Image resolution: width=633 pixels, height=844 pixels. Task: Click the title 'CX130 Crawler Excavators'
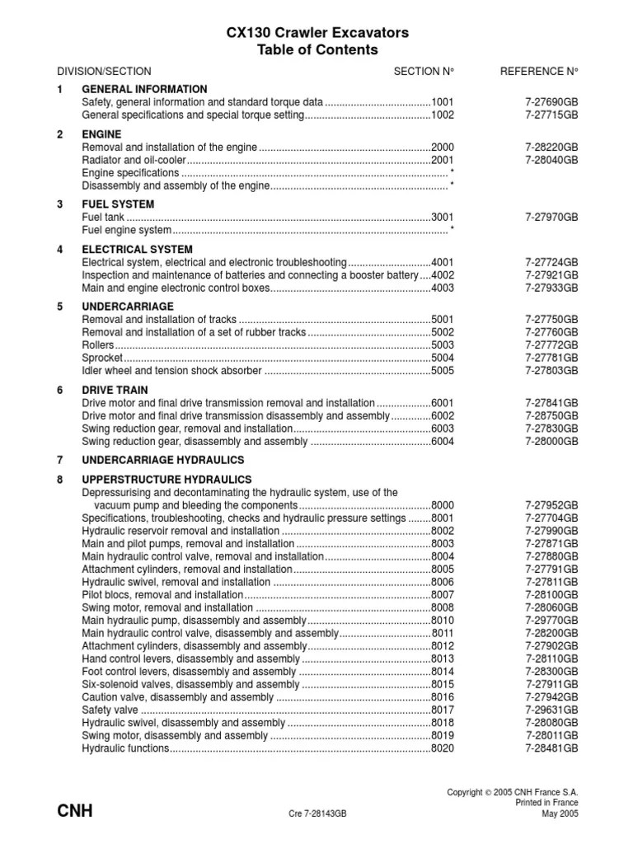[x=318, y=33]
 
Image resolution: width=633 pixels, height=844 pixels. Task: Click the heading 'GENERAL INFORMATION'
[x=144, y=89]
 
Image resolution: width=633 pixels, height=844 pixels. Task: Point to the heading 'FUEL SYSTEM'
[x=118, y=204]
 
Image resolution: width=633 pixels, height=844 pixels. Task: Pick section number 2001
[x=443, y=160]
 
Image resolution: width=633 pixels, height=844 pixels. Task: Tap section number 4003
[x=443, y=288]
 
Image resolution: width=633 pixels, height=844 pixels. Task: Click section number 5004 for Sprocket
[x=443, y=359]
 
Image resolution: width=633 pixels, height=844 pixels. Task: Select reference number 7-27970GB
[x=551, y=218]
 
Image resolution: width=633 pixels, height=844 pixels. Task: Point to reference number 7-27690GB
[x=551, y=102]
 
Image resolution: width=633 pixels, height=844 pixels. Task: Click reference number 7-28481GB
[x=551, y=748]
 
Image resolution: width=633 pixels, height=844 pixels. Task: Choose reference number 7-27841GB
[x=551, y=403]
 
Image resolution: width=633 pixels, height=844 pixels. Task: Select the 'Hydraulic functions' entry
[x=125, y=748]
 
